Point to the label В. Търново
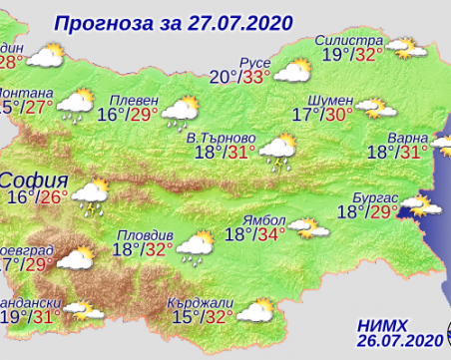tap(223, 137)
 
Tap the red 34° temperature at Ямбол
tap(269, 235)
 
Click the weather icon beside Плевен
tap(182, 112)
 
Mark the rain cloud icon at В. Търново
tap(276, 154)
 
